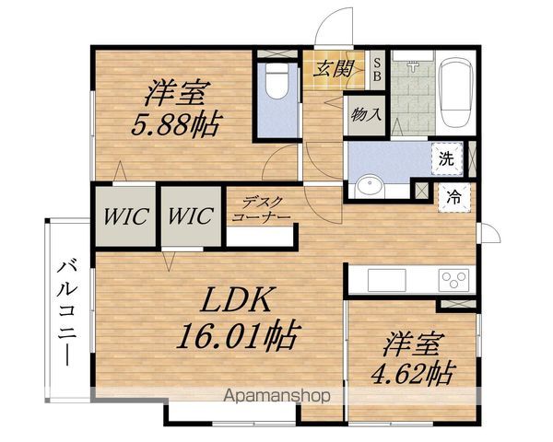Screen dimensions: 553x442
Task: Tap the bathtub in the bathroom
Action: click(x=455, y=92)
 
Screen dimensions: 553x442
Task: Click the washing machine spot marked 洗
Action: click(x=446, y=159)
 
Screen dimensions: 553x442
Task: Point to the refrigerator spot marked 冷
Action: click(x=453, y=198)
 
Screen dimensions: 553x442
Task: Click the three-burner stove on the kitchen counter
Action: click(x=453, y=280)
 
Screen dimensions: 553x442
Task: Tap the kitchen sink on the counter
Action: click(x=387, y=280)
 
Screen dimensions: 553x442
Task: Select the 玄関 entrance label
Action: click(x=333, y=69)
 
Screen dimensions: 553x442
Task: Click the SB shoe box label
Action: click(x=377, y=70)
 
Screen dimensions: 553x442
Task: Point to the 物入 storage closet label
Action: click(x=366, y=114)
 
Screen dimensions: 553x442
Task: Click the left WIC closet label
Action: click(x=125, y=216)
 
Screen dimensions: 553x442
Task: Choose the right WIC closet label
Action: click(x=191, y=215)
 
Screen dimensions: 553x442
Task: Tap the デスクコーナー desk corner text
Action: click(x=262, y=210)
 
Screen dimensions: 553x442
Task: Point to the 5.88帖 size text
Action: click(x=176, y=123)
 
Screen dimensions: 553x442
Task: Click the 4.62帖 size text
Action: click(x=412, y=373)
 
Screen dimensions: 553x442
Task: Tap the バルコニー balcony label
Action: click(x=67, y=313)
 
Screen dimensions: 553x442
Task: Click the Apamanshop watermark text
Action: click(x=277, y=396)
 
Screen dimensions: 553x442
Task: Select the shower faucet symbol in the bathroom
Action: click(x=413, y=66)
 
